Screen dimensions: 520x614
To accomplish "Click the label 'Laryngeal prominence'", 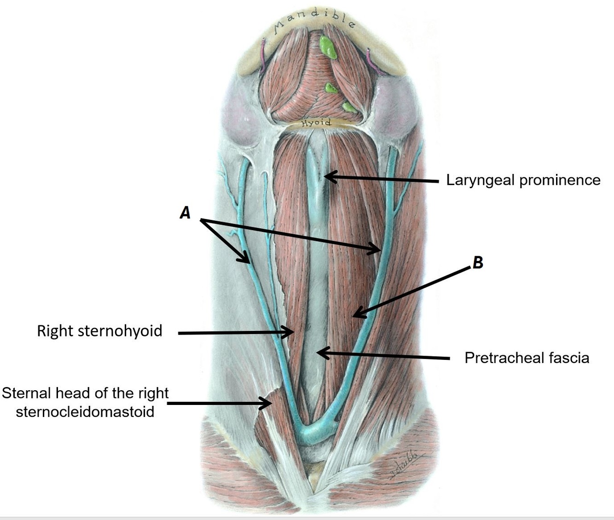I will [x=523, y=180].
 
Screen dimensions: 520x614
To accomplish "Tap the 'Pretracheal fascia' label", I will [x=527, y=358].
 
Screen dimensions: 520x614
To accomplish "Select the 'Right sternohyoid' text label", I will [x=99, y=331].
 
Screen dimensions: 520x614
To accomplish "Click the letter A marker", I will [x=185, y=213].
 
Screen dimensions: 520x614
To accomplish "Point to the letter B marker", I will [x=478, y=263].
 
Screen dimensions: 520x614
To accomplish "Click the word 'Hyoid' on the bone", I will [x=316, y=123].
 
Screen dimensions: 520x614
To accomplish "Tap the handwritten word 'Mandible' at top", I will [x=314, y=21].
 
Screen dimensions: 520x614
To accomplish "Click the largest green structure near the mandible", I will [x=328, y=47].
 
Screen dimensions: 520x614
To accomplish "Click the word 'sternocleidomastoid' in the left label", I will [x=85, y=411].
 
